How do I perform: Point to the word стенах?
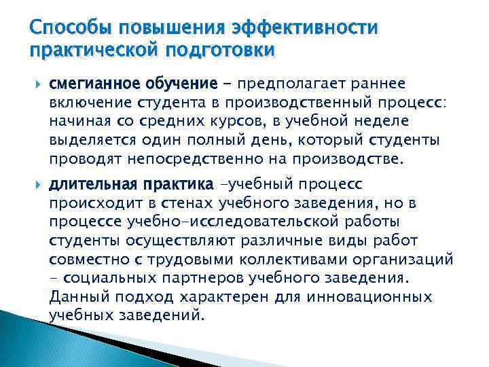[179, 203]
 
